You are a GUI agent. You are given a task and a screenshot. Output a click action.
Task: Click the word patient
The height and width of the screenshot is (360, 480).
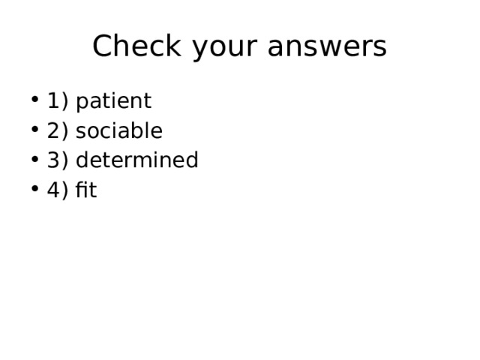coord(113,101)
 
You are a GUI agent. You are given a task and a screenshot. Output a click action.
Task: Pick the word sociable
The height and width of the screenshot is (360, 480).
coord(118,131)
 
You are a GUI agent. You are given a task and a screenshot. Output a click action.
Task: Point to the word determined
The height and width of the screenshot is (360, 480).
coord(136,160)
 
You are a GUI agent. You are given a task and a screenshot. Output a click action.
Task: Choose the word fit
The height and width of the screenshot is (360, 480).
coord(86,190)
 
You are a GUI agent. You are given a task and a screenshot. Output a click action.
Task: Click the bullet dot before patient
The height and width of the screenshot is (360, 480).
coord(35,102)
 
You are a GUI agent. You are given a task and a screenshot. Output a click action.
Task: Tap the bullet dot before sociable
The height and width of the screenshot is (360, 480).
coord(35,132)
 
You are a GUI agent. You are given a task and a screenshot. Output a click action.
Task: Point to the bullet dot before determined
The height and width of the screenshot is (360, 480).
coord(35,161)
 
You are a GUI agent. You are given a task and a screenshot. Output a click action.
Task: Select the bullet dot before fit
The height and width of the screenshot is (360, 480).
coord(35,191)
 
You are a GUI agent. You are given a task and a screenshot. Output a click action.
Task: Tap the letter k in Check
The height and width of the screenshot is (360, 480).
coord(175,46)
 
